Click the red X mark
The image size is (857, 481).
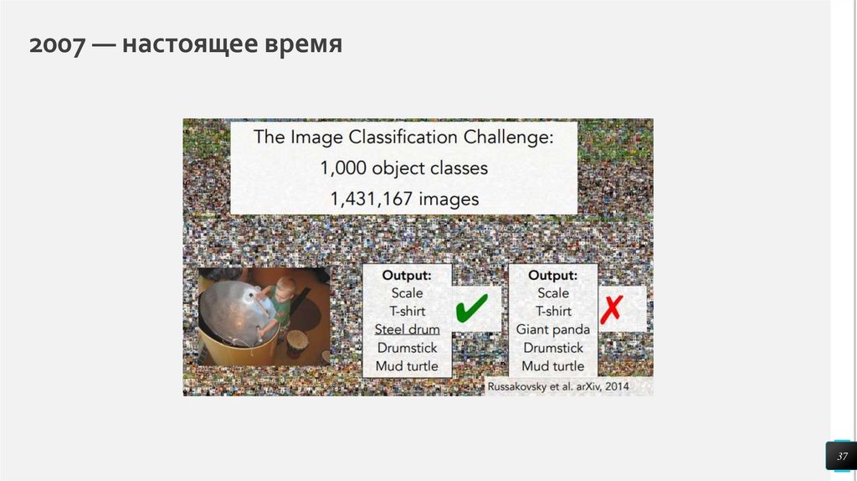[x=612, y=308]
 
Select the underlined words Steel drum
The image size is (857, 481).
[x=407, y=329]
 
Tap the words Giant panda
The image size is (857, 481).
[x=553, y=329]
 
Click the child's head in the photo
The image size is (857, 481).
[x=285, y=289]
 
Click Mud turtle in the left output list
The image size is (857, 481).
[x=407, y=366]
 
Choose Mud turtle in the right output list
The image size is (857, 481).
[x=553, y=366]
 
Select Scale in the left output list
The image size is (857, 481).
[x=407, y=292]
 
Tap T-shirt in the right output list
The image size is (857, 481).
[x=553, y=311]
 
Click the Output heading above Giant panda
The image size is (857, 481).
[x=553, y=275]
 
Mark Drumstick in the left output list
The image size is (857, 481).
[x=407, y=348]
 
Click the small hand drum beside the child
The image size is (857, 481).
[x=296, y=344]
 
